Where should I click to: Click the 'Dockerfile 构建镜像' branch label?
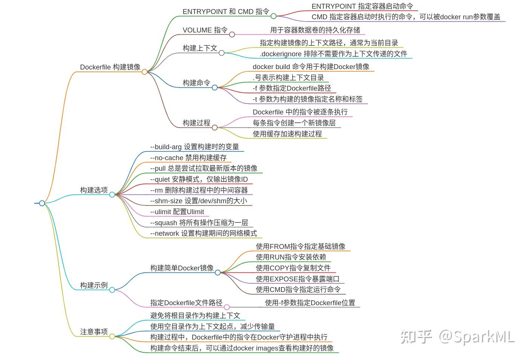pos(110,67)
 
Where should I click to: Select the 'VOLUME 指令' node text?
pos(205,30)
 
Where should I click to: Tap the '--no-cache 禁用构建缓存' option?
pos(188,158)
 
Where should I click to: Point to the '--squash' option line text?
pos(199,222)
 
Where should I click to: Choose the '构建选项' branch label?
pos(94,190)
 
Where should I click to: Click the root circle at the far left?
pos(42,203)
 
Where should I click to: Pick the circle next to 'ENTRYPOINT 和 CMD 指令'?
pos(273,16)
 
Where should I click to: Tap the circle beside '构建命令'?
pos(215,87)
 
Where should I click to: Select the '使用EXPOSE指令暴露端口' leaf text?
pos(298,279)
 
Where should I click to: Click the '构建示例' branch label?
pos(94,285)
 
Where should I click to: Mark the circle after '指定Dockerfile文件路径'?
pos(227,307)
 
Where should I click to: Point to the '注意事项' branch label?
pos(94,332)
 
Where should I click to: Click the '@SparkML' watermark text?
pos(476,336)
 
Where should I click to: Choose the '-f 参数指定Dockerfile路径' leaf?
pos(292,88)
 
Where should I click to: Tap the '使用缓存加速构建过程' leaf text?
pos(287,134)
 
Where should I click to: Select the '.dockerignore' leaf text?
pos(333,54)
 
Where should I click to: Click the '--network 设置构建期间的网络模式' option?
pos(203,233)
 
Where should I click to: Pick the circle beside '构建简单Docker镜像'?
pos(218,272)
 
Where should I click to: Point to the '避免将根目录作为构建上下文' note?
pos(195,315)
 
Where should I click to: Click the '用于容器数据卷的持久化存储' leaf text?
pos(315,30)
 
